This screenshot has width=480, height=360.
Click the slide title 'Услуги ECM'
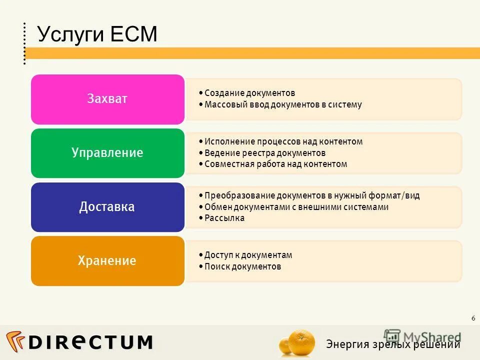pos(97,34)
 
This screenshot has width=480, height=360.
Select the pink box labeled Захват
pos(107,99)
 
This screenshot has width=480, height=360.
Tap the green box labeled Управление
pos(107,153)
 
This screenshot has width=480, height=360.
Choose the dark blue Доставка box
pos(107,207)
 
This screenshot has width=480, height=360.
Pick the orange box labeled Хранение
pos(107,261)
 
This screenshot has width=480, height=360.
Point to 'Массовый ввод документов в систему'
pos(283,105)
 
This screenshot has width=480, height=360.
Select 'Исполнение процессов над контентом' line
pos(283,141)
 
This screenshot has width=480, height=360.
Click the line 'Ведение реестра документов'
pos(265,153)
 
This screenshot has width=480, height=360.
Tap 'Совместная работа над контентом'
pos(275,164)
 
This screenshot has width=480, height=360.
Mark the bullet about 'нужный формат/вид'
pos(312,195)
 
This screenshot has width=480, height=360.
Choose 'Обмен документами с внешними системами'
pos(296,207)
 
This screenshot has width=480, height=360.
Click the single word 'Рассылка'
pos(224,218)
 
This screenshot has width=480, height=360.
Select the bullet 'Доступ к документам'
pos(248,255)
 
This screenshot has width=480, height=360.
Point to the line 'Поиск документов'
pos(242,266)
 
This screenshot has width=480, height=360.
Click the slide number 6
pos(473,318)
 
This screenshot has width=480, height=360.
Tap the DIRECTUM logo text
pos(90,342)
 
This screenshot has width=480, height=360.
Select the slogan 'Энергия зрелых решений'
pos(393,344)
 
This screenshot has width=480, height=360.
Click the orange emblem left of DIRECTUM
pos(15,341)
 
